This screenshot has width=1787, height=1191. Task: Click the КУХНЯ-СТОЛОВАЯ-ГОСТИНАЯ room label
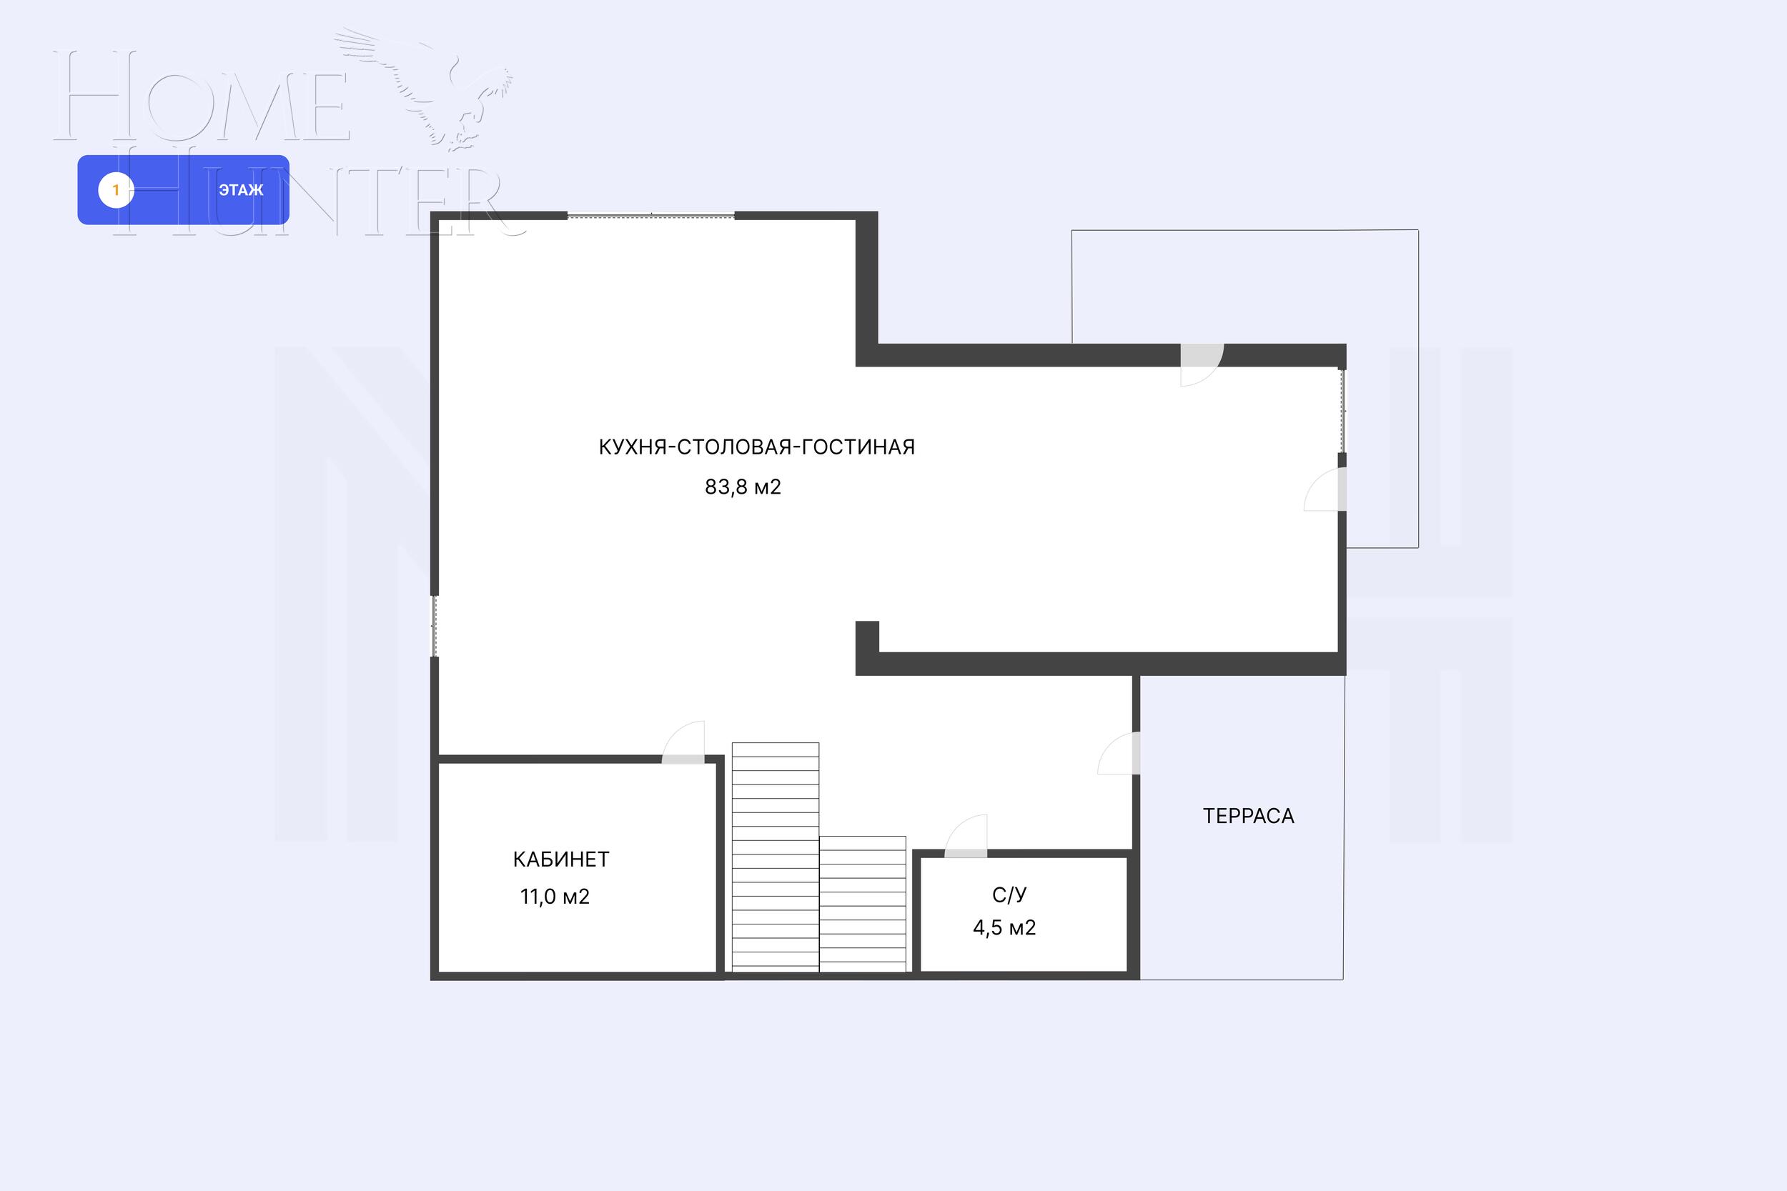point(756,447)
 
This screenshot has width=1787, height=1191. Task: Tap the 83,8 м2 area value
point(742,487)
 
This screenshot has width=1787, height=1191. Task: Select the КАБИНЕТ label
point(560,859)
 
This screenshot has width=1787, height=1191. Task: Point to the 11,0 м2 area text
point(555,897)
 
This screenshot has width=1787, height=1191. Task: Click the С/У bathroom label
point(1009,895)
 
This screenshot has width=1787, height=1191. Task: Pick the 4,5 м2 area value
point(1004,928)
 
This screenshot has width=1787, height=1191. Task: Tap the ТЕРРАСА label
point(1248,816)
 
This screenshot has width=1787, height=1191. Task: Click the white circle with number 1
point(117,190)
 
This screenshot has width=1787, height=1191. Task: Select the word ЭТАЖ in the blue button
point(241,190)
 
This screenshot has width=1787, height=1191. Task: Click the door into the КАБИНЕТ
point(684,748)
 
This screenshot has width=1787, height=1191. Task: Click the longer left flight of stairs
point(775,856)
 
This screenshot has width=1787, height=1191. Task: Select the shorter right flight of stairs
point(862,903)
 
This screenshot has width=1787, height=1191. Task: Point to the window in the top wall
point(651,216)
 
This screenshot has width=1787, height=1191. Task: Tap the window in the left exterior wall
point(435,625)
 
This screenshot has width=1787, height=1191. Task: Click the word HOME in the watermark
point(202,96)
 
